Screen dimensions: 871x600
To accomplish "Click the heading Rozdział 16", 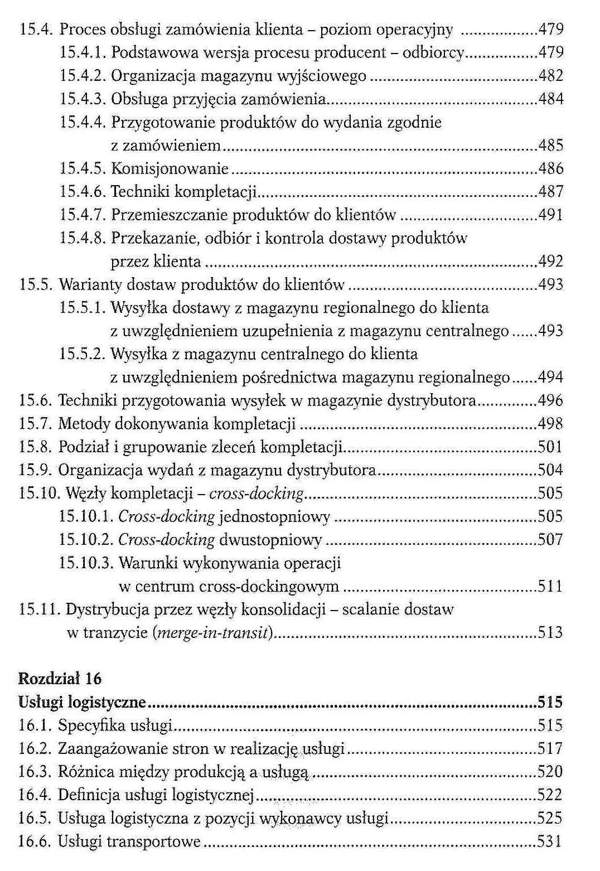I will pos(60,678).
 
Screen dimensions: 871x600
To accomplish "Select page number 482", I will pos(551,76).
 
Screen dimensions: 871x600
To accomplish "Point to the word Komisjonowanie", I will pos(170,168).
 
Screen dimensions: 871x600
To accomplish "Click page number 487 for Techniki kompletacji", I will pos(551,192).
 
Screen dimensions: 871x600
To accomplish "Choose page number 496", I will pos(550,400).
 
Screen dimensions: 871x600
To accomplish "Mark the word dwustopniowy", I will pos(270,540).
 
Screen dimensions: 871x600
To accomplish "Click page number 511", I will pos(550,586).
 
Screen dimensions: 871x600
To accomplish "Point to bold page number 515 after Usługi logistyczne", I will pos(550,702).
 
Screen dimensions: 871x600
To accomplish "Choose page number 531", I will pos(550,841).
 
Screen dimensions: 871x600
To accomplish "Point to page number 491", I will pos(551,215).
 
